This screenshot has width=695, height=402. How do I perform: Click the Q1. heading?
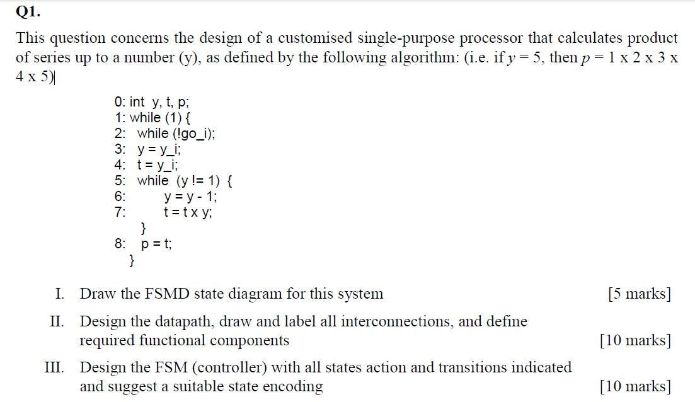[x=28, y=11]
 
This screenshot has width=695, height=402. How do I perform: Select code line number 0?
[x=120, y=102]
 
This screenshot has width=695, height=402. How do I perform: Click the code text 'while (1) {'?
[x=160, y=118]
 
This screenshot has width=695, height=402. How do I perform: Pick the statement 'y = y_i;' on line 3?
[x=159, y=149]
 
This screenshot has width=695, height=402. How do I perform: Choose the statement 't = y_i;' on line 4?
[x=158, y=165]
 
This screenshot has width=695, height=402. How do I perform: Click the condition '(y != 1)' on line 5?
[x=198, y=181]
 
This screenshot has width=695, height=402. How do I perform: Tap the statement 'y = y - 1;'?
[x=190, y=197]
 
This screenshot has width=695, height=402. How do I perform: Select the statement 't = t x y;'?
[x=188, y=212]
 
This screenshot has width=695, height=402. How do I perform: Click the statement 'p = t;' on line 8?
[x=156, y=244]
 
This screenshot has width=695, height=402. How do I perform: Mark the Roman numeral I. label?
[x=60, y=294]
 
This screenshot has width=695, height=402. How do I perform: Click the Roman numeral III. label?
[x=54, y=367]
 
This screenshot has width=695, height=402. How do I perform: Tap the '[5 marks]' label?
[x=640, y=294]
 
